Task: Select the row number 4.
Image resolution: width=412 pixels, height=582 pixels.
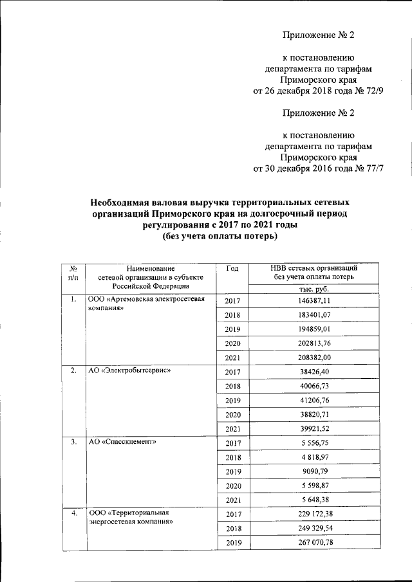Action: point(75,513)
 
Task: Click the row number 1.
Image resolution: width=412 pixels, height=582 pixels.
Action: point(75,300)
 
